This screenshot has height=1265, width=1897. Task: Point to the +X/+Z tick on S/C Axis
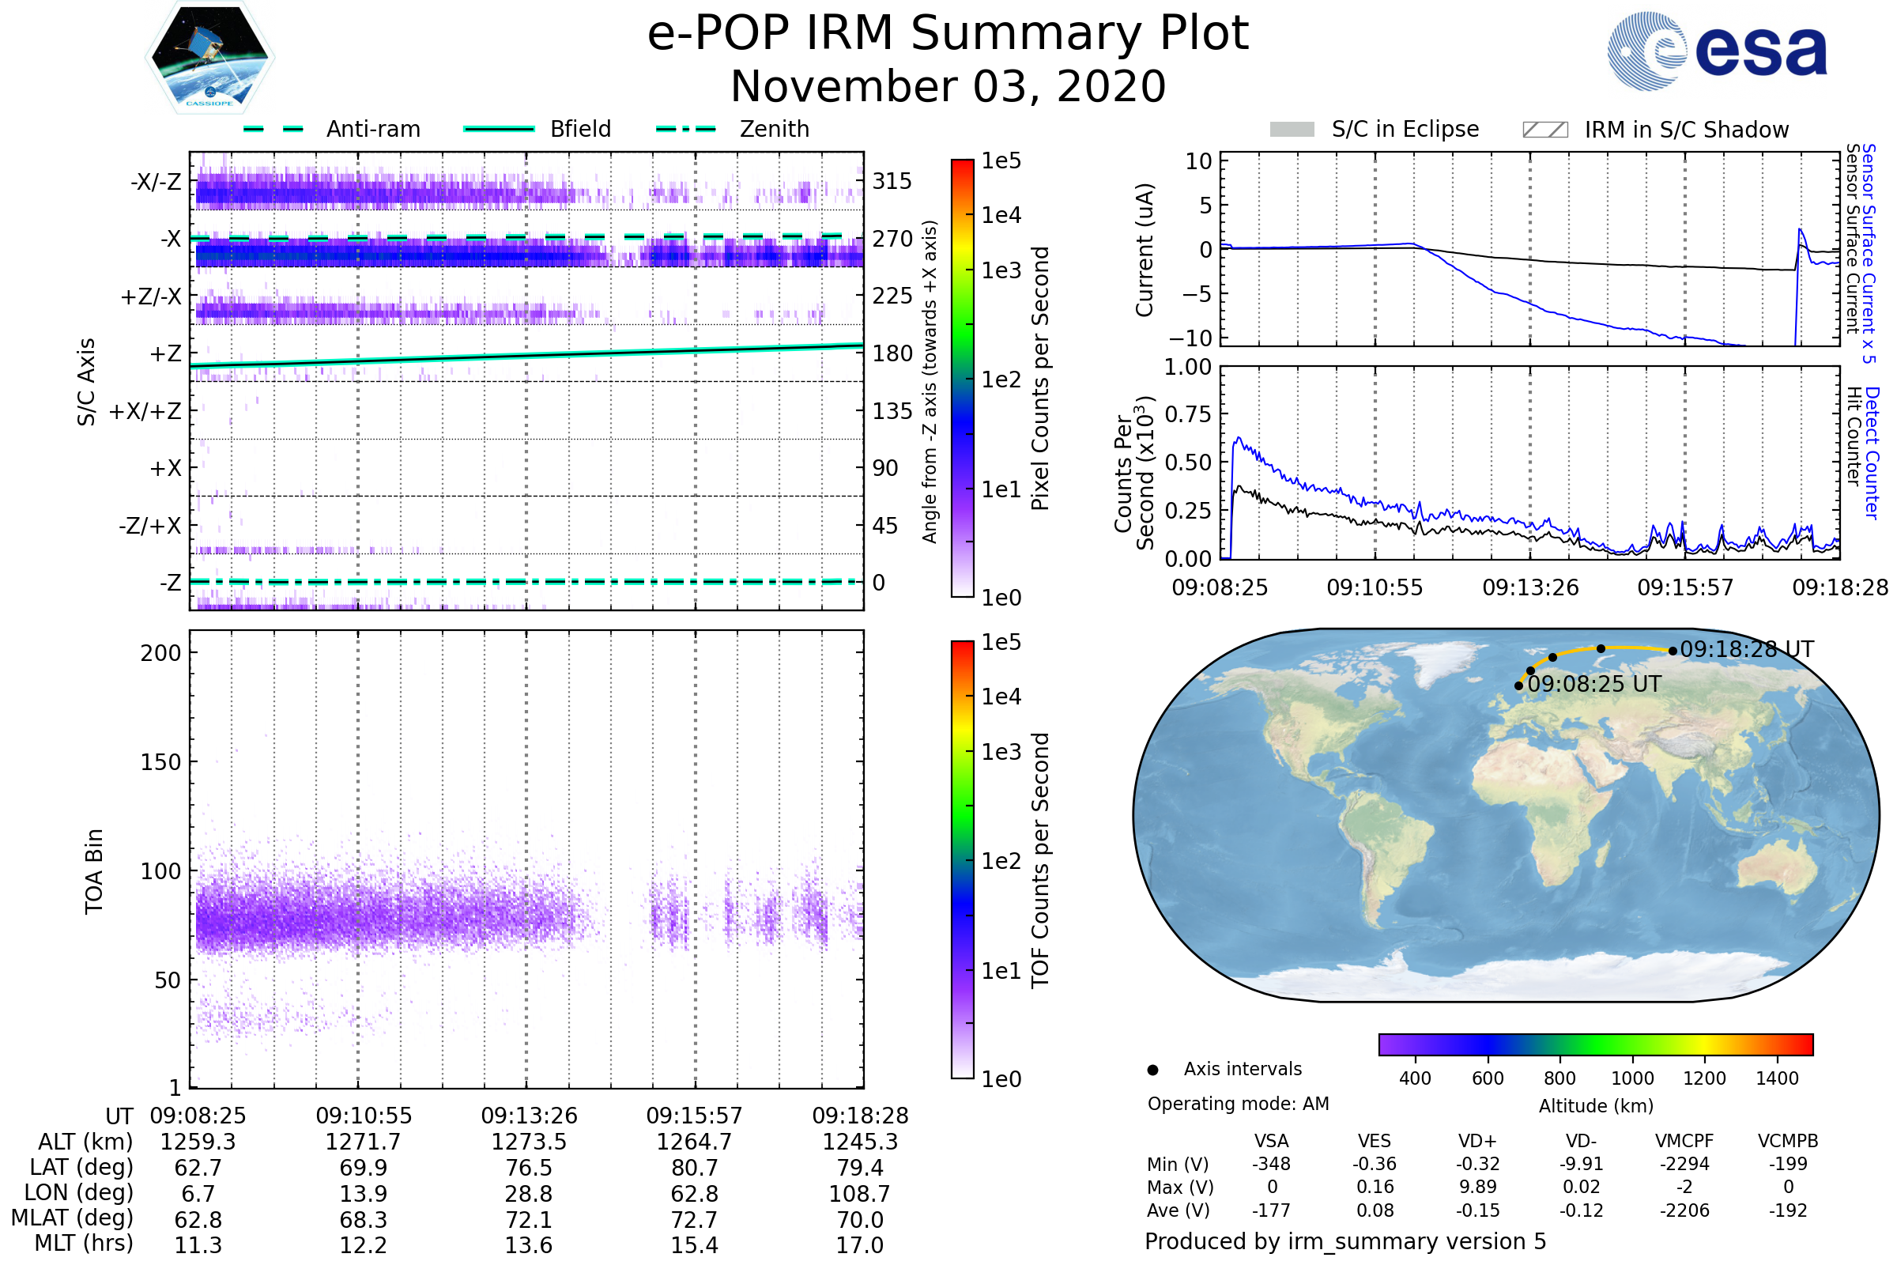[x=145, y=411]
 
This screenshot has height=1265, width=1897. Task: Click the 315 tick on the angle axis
[x=892, y=181]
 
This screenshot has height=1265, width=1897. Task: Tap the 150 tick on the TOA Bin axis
[x=160, y=762]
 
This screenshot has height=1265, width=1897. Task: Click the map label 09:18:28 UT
[x=1747, y=649]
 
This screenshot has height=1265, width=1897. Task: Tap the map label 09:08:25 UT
[x=1593, y=684]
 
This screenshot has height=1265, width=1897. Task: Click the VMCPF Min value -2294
[x=1684, y=1164]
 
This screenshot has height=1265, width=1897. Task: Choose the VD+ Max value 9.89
[x=1477, y=1187]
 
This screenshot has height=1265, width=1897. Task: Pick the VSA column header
[x=1271, y=1141]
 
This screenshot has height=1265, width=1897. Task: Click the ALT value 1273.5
[x=529, y=1142]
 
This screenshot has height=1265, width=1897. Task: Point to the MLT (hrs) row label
[x=83, y=1243]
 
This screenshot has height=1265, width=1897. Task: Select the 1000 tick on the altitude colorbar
[x=1632, y=1078]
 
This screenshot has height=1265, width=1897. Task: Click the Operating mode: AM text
[x=1238, y=1104]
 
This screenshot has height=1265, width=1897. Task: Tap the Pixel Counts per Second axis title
[x=1040, y=379]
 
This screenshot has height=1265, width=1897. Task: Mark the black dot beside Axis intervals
[x=1153, y=1070]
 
